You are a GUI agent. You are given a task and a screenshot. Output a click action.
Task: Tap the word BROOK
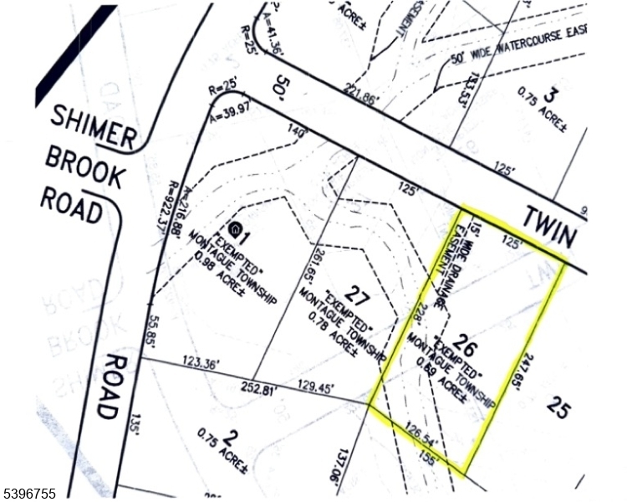[x=84, y=166]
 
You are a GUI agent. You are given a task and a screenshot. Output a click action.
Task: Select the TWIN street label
[x=550, y=227]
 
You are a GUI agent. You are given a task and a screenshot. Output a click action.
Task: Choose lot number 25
[x=558, y=407]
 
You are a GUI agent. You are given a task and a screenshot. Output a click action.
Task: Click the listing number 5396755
[x=30, y=494]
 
